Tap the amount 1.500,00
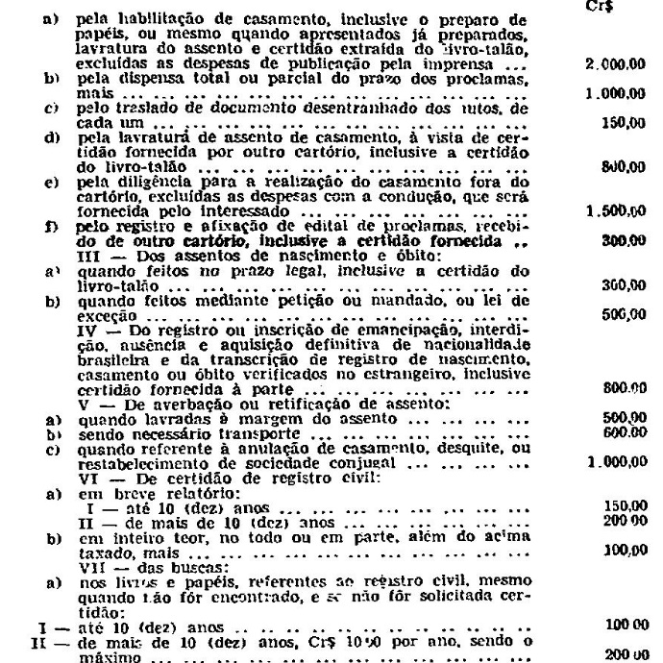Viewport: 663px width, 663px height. [612, 209]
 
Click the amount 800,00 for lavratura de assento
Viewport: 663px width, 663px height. [621, 166]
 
